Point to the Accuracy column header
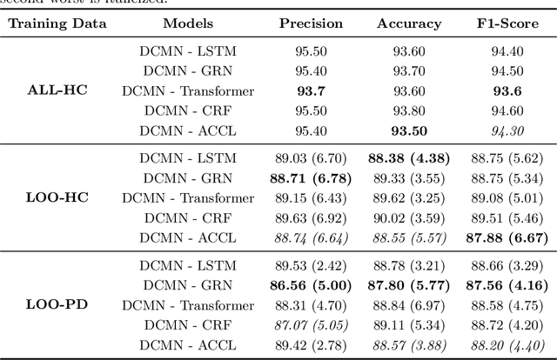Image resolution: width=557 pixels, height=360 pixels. click(x=409, y=23)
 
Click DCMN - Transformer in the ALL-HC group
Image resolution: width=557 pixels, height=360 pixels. click(x=188, y=90)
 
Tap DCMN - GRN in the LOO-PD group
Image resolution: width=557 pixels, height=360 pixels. click(x=188, y=285)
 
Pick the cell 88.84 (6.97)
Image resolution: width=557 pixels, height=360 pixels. click(x=409, y=305)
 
